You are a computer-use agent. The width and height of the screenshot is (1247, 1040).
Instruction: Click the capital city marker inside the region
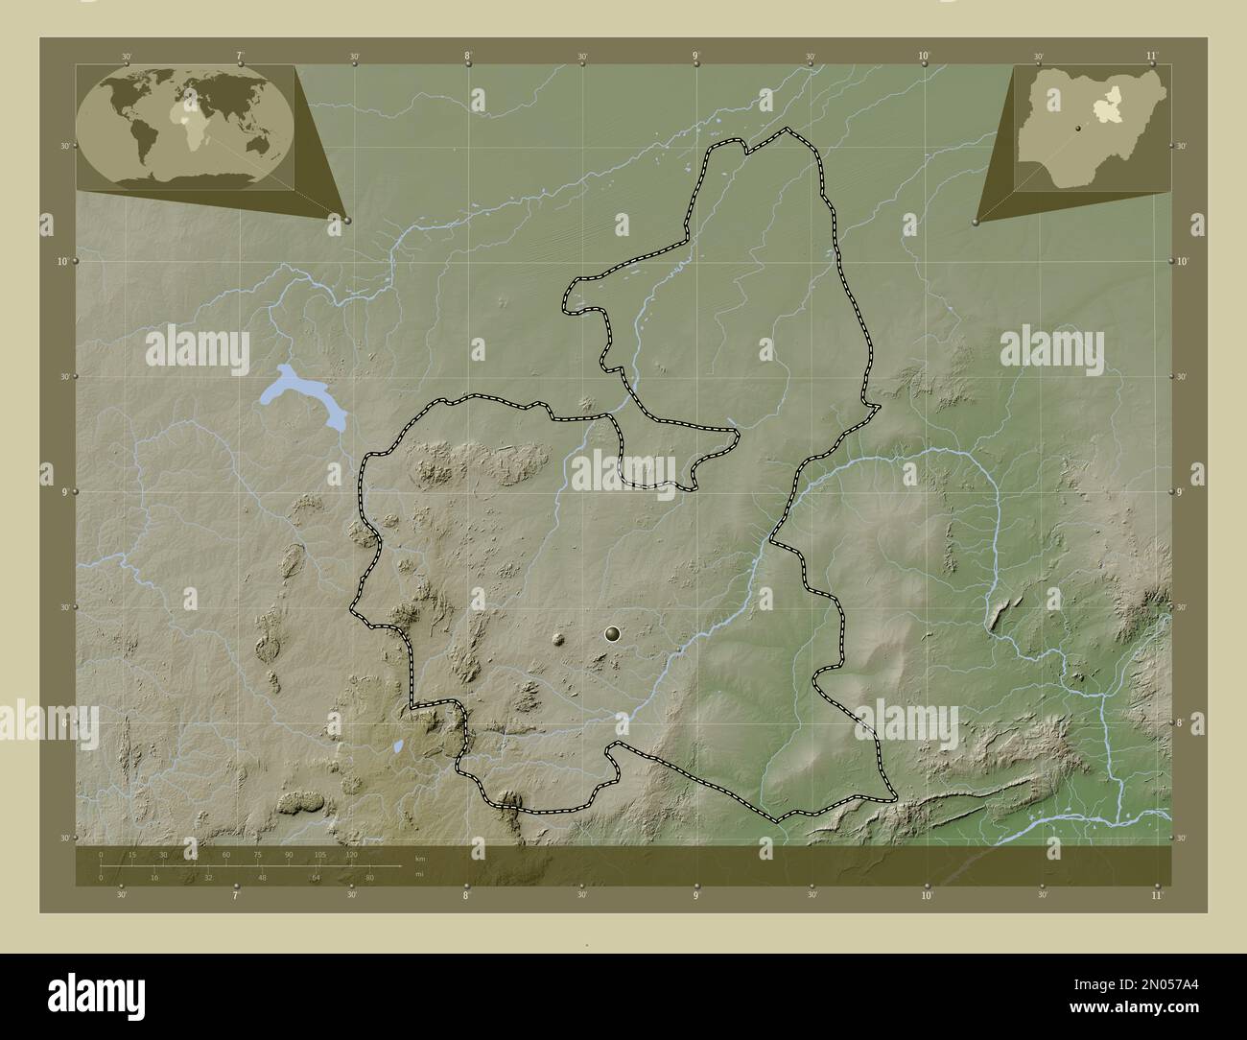tap(613, 633)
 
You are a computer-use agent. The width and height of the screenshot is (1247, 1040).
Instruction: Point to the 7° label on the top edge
tap(240, 57)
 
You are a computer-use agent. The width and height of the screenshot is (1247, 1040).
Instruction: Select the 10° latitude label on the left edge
tap(61, 261)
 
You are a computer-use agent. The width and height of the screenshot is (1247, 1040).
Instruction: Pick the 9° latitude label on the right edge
tap(1184, 492)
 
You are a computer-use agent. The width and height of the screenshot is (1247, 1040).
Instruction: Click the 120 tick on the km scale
tap(351, 855)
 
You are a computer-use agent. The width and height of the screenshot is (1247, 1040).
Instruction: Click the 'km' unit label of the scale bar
tap(420, 857)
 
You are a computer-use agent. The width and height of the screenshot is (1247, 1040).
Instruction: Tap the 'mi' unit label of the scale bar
tap(420, 873)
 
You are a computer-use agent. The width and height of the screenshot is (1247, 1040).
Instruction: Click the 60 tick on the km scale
tap(226, 855)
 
